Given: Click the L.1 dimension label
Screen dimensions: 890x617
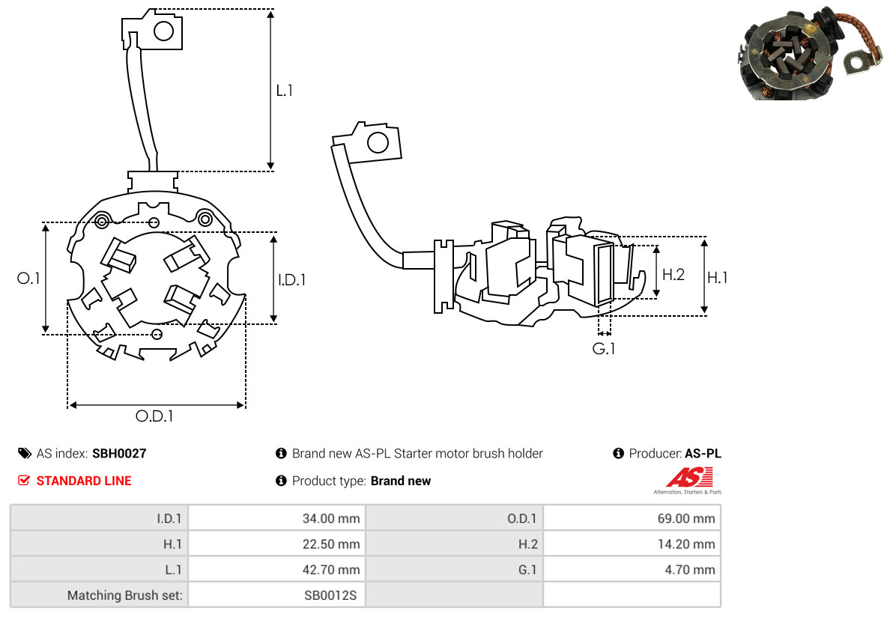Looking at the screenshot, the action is pos(285,90).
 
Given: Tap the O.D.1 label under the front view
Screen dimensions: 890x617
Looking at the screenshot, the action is pos(154,416).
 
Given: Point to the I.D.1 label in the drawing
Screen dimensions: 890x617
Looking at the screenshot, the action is pos(291,279).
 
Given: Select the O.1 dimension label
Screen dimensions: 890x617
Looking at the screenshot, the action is pos(28,278).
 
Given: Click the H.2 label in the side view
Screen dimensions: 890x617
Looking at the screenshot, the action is pos(673,275).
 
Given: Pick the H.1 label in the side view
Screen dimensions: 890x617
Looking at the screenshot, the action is pos(718,277).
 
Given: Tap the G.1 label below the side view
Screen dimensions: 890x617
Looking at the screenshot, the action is pos(603,348).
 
